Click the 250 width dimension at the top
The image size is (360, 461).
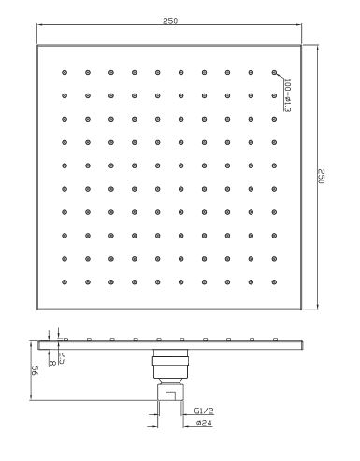tap(170, 21)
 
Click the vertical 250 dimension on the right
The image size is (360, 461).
tap(322, 177)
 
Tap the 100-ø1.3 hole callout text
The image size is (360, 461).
tap(287, 95)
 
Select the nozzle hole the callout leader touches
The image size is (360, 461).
tap(274, 73)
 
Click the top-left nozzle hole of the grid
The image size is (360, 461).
tap(65, 73)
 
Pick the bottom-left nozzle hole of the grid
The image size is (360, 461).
tap(65, 282)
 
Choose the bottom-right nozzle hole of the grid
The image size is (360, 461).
tap(274, 282)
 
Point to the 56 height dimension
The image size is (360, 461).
tap(35, 370)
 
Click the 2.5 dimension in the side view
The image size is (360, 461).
tap(62, 358)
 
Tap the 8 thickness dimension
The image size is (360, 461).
tap(52, 363)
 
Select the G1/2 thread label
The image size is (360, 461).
tap(204, 411)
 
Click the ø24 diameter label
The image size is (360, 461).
tap(205, 423)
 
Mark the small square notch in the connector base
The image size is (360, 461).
tap(170, 396)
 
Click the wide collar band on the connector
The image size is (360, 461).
tap(170, 361)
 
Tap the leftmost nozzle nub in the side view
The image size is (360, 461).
tap(65, 339)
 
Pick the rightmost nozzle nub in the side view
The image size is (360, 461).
tap(275, 339)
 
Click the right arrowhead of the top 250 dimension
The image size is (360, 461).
tap(299, 24)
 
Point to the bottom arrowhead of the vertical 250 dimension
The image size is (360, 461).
tap(317, 307)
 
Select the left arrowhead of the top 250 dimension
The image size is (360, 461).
tap(40, 24)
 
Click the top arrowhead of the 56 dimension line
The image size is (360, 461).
tap(31, 344)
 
